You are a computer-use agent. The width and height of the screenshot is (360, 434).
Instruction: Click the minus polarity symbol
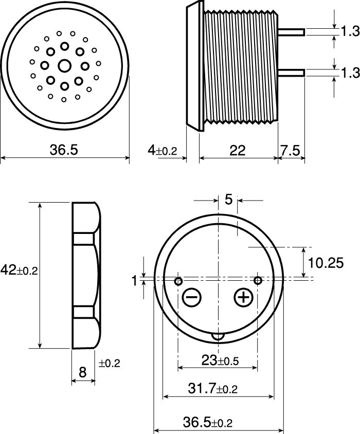(x=191, y=297)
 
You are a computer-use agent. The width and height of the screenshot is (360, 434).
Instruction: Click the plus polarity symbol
(x=243, y=297)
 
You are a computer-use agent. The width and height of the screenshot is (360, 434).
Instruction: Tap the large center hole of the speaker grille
(x=65, y=66)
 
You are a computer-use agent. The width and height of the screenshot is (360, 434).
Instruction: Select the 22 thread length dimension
(x=238, y=150)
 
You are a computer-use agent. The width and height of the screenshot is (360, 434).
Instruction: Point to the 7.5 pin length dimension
(x=291, y=150)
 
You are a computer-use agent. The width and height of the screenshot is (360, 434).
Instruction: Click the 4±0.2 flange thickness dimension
(x=163, y=150)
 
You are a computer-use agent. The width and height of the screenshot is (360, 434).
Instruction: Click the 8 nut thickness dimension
(x=82, y=372)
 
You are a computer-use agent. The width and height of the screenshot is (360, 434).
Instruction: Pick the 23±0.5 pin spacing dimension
(x=220, y=360)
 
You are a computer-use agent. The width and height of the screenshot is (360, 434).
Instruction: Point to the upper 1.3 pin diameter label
(x=350, y=32)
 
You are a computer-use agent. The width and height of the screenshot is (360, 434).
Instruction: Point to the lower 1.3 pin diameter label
(x=350, y=73)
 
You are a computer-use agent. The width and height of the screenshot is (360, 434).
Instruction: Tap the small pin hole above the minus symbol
(x=178, y=281)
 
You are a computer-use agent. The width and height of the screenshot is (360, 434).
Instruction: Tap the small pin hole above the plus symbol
(x=258, y=280)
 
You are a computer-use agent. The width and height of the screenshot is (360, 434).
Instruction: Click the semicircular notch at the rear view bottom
(x=218, y=336)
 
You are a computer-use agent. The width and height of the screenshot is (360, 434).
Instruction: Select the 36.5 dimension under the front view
(x=64, y=150)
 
